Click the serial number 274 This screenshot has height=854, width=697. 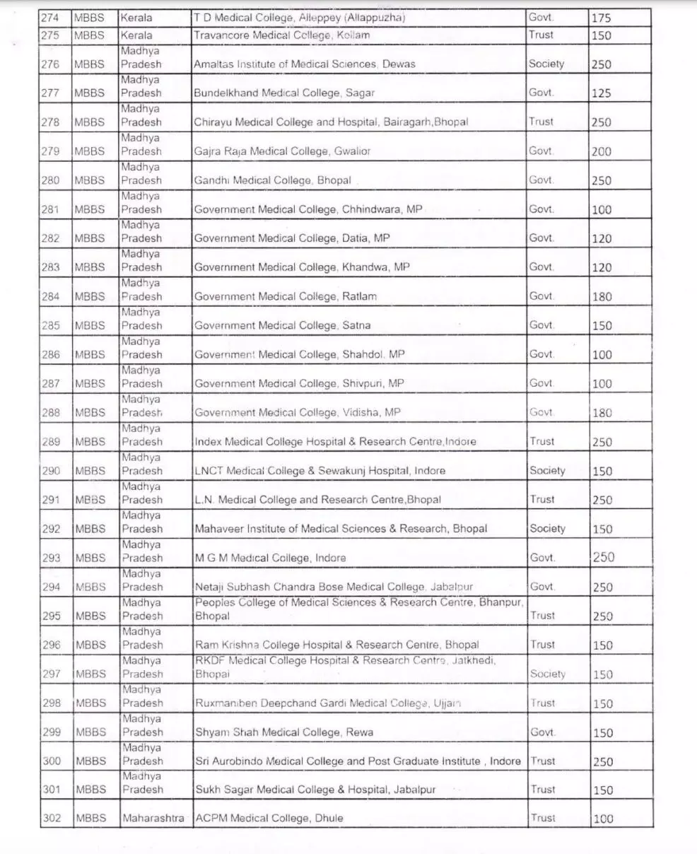51,18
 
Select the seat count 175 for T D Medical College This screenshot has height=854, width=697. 601,18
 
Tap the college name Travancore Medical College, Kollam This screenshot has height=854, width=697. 281,35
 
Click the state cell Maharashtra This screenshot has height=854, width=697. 153,819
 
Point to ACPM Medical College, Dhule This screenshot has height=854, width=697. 269,819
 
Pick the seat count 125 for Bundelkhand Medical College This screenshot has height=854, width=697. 602,93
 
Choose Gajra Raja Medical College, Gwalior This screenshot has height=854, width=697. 282,151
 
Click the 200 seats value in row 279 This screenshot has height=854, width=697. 602,151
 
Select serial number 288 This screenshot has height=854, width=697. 51,413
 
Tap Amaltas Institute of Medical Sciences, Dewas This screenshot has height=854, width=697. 305,64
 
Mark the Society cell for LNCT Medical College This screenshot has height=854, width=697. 547,470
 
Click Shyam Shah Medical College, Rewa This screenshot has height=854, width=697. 283,732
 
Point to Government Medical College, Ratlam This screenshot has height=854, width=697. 286,297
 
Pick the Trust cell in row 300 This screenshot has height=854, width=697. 543,761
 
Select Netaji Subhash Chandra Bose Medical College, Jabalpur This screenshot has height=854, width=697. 334,587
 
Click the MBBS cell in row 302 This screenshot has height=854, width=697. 90,819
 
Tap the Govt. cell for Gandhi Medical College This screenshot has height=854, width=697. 541,180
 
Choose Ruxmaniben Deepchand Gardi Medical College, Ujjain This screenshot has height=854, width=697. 328,703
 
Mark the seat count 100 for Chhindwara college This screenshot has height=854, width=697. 602,210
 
